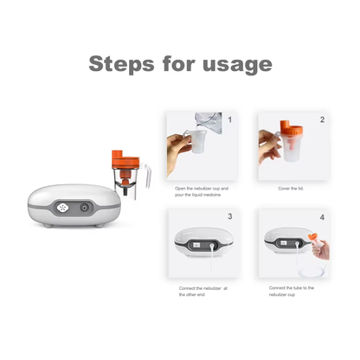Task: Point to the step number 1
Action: point(229,120)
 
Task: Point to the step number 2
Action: point(322,120)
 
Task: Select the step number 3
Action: point(229,216)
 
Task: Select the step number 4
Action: point(322,216)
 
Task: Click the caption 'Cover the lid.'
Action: point(290,188)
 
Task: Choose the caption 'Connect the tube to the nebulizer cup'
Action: point(291,291)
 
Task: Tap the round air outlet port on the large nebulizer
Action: point(85,208)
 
